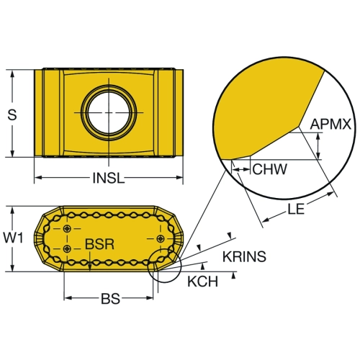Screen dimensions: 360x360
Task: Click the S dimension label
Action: point(12,114)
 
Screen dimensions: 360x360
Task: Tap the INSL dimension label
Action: point(109,178)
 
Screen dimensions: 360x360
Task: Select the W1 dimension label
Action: point(13,238)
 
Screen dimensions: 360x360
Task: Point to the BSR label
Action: point(99,244)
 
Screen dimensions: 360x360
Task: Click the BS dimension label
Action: point(110,299)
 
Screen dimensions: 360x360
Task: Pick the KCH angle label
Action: point(203,282)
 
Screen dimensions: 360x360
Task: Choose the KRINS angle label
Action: point(244,256)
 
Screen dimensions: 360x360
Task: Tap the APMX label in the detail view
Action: point(330,125)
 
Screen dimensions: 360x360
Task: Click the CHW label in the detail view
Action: point(270,169)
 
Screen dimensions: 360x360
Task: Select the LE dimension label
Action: point(296,209)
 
